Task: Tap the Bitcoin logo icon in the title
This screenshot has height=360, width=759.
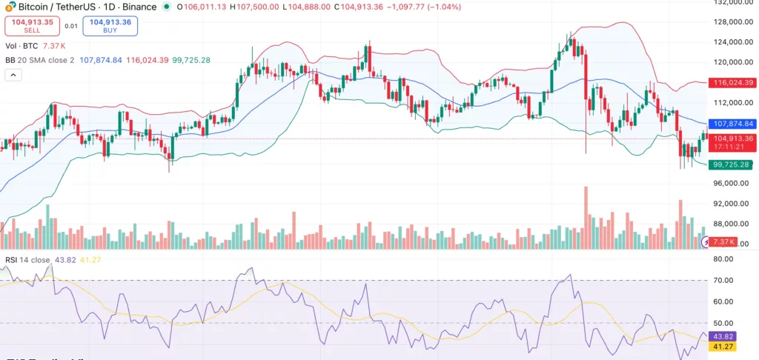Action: point(10,7)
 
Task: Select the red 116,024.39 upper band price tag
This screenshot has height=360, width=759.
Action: point(732,83)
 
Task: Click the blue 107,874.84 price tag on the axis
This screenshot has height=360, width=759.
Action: point(732,124)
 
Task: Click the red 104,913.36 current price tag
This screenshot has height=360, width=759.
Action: point(732,138)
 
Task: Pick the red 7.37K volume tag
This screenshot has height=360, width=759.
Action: point(723,242)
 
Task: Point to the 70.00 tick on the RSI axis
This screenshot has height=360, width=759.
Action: point(727,281)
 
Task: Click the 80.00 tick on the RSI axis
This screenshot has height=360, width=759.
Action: point(727,259)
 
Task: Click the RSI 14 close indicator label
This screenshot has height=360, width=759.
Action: point(30,260)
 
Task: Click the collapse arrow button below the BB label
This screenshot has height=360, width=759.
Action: point(13,75)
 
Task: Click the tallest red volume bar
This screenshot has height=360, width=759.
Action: point(586,219)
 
